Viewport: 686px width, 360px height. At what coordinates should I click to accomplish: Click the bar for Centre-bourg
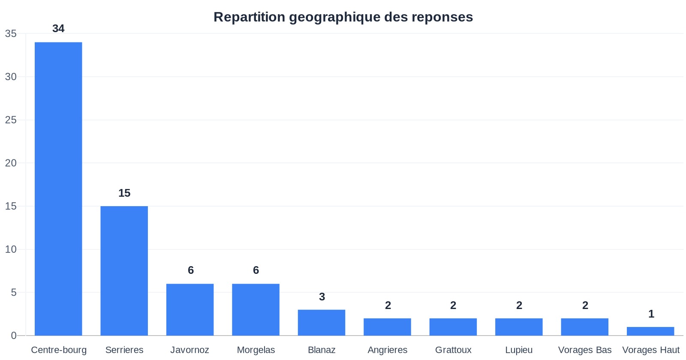pos(58,189)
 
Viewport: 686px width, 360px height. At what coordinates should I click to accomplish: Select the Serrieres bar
pos(124,270)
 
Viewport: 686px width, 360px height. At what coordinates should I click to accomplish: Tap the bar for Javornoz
pos(190,309)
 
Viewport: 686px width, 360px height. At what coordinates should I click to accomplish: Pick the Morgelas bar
pos(256,309)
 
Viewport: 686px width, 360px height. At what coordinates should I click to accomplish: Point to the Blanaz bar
pos(322,322)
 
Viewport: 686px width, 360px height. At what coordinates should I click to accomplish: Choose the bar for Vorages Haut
pos(650,331)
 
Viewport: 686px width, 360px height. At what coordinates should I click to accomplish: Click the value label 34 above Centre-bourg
pos(58,29)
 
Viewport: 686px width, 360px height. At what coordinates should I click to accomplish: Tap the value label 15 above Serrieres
pos(124,193)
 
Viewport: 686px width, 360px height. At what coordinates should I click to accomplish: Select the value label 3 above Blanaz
pos(322,297)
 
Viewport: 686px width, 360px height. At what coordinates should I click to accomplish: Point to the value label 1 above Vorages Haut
pos(651,314)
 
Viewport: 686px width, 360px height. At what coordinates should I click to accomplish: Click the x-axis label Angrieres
pos(388,350)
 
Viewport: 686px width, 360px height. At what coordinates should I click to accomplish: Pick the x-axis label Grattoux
pos(453,350)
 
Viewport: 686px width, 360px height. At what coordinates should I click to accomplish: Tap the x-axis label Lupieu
pos(519,350)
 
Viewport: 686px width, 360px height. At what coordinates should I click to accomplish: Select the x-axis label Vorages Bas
pos(585,350)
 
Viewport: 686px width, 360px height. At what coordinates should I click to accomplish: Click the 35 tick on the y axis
pos(11,33)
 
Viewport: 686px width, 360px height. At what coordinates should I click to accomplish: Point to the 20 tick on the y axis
pos(11,163)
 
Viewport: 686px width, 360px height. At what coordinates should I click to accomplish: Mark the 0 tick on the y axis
pos(14,336)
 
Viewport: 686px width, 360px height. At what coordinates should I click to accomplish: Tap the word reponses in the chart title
pos(442,17)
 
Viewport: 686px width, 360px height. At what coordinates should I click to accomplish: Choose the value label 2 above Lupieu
pos(519,305)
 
